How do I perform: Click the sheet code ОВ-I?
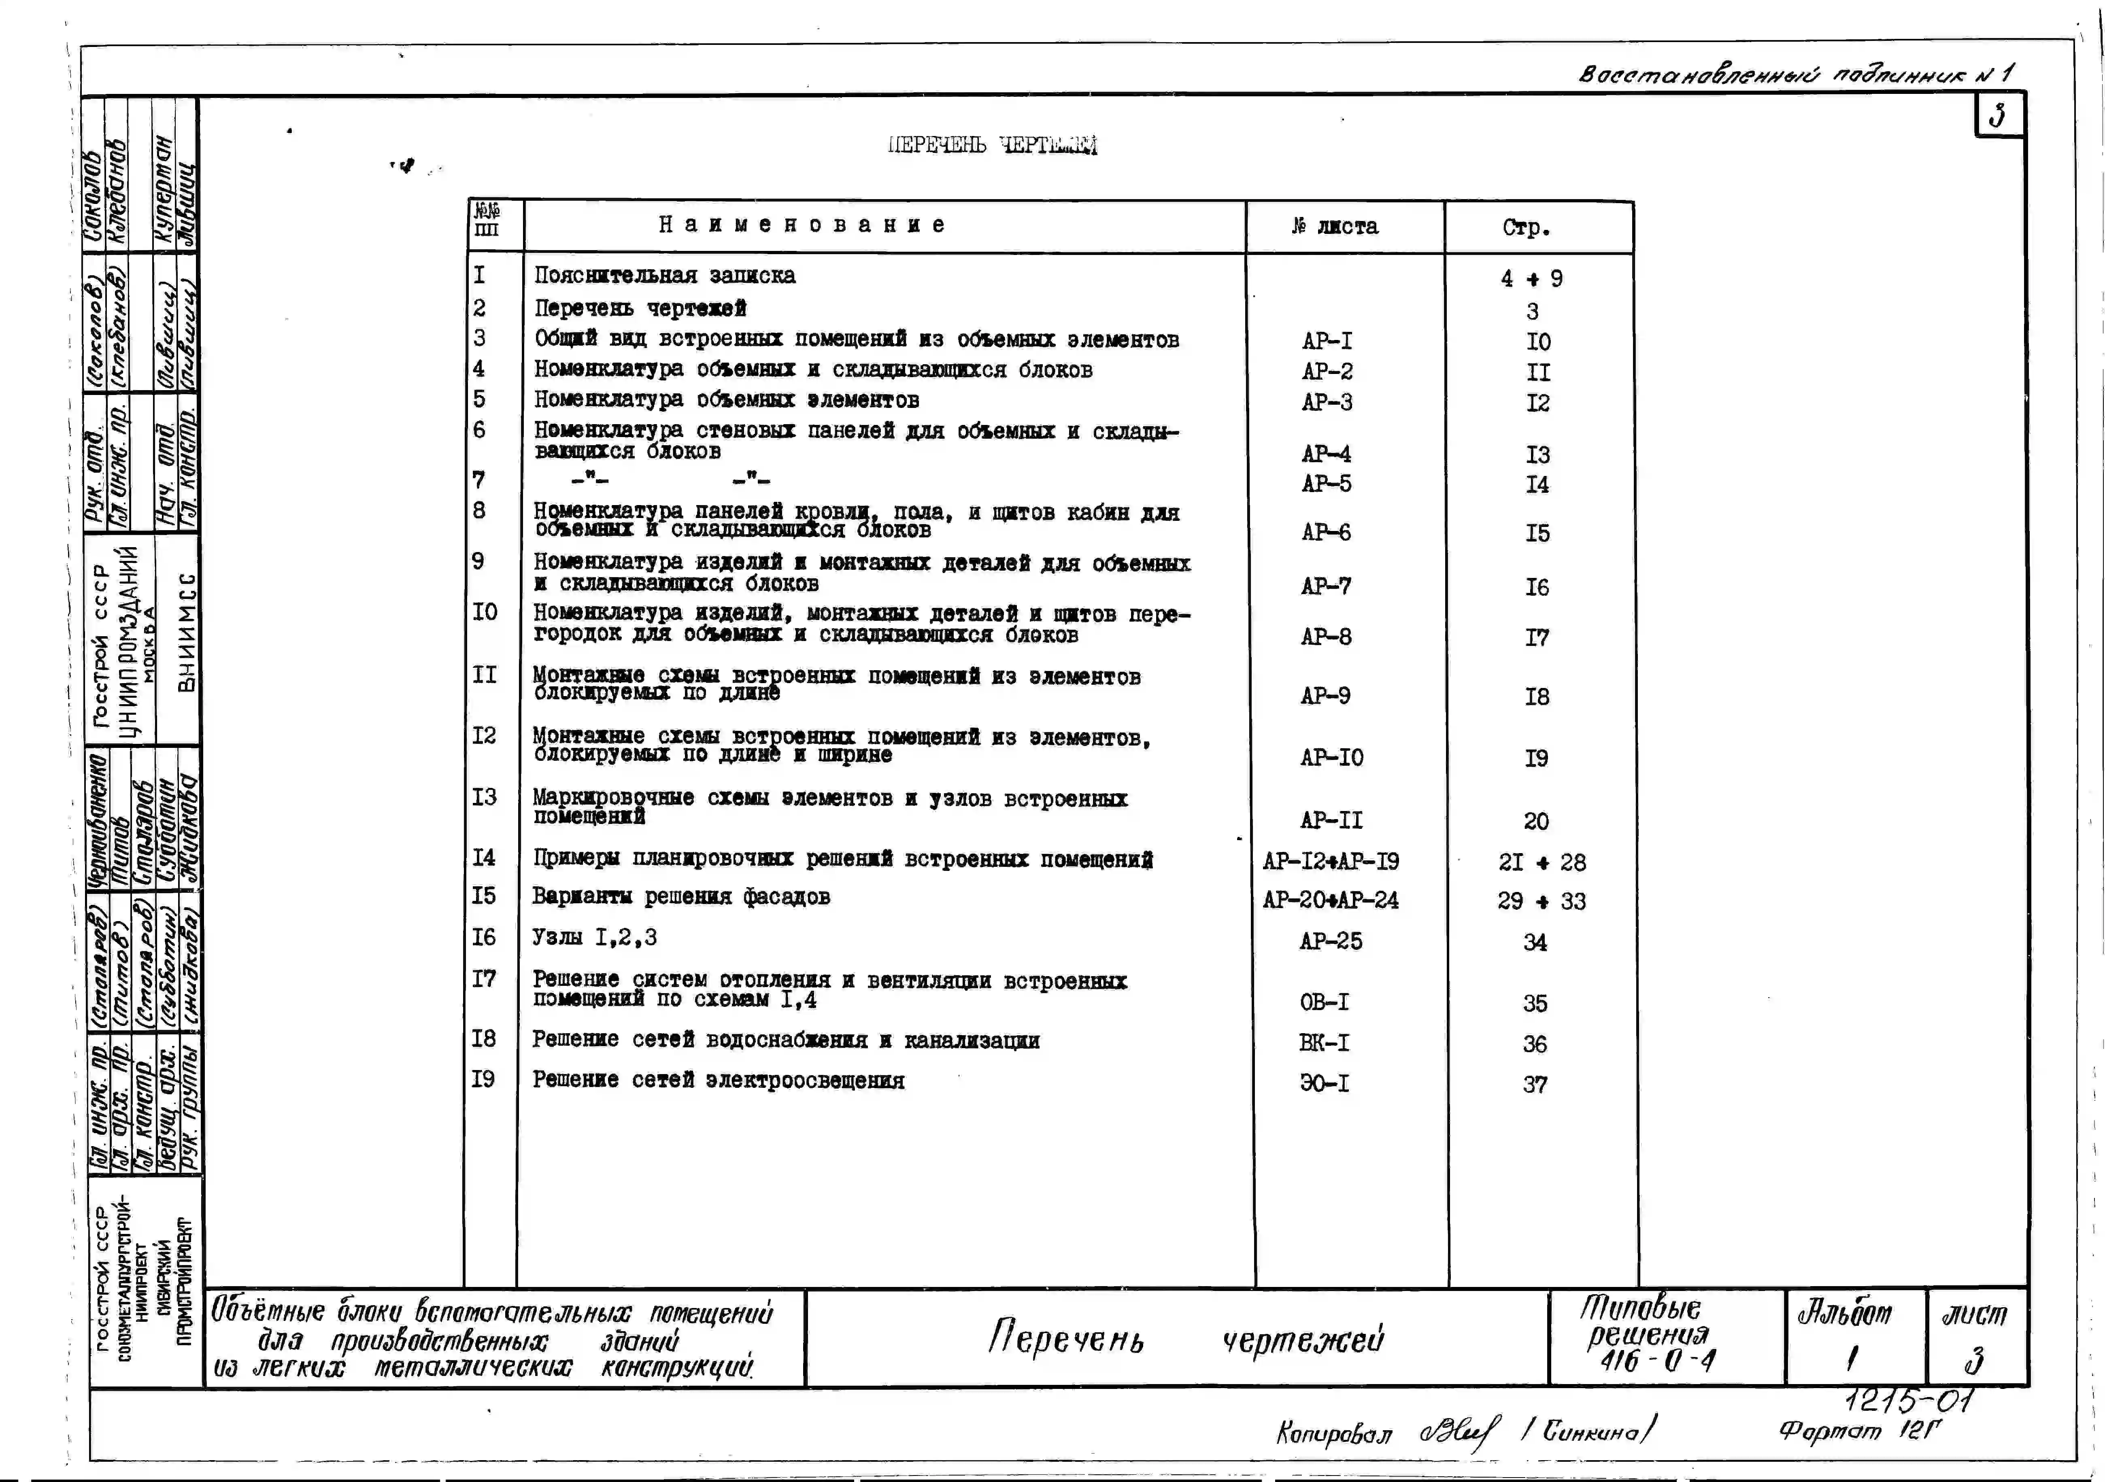1324,1002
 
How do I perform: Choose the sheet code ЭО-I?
1324,1083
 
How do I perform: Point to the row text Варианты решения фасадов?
681,896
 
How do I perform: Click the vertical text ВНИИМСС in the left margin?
186,633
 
